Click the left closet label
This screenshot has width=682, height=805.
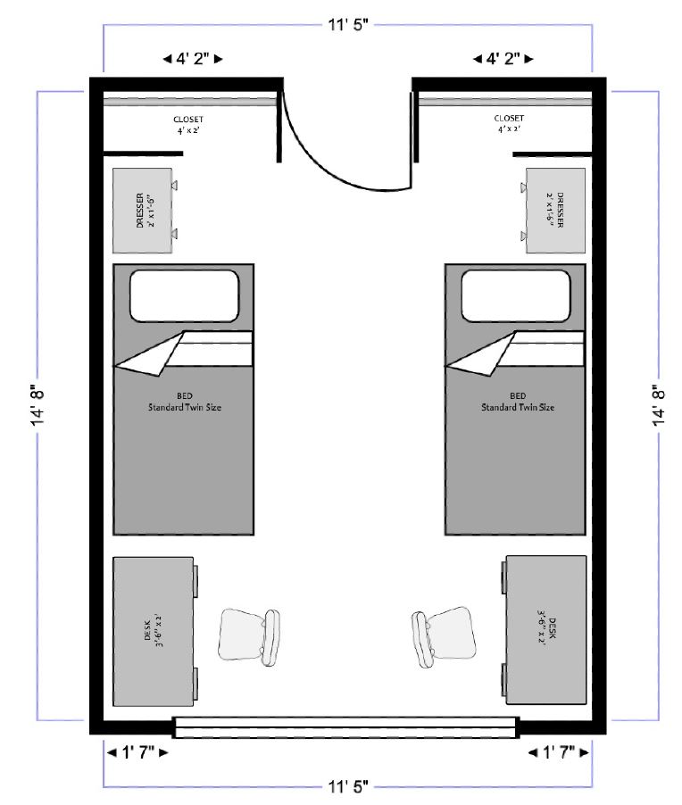point(188,125)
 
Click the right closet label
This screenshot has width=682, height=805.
point(509,123)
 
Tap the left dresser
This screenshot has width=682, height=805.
point(143,211)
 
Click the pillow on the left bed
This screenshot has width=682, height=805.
point(185,295)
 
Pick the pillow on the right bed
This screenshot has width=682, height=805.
point(516,295)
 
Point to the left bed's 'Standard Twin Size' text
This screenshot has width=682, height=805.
point(185,407)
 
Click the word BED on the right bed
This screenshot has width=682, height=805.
point(518,396)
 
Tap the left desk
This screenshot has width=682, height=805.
point(154,631)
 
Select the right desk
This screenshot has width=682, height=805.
point(546,629)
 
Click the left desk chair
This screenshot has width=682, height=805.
point(249,637)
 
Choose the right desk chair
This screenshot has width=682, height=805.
point(443,639)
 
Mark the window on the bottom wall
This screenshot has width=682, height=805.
point(345,727)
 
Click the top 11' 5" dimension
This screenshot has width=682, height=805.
point(348,25)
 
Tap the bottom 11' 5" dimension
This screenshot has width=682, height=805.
point(348,786)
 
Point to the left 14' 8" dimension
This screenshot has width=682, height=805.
point(38,405)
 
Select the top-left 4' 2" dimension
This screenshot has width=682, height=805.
point(193,59)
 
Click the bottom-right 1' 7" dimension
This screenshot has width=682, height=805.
point(559,752)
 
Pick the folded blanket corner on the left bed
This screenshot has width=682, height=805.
point(149,354)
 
